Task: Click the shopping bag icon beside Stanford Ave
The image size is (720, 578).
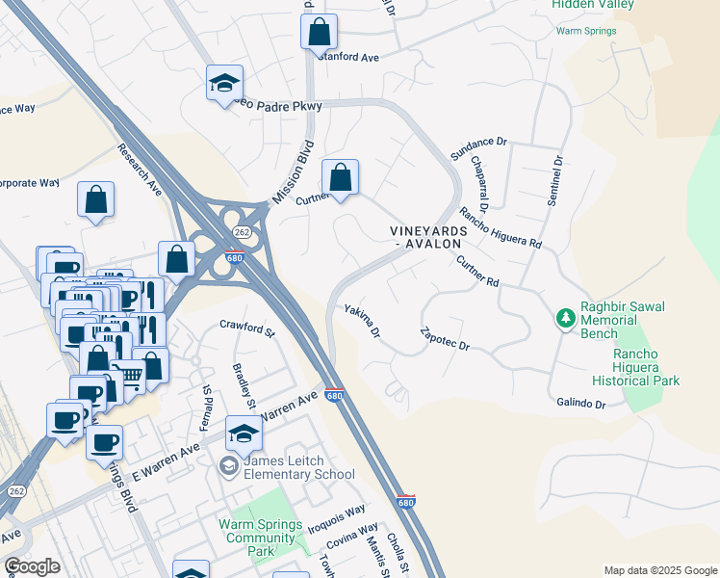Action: (319, 31)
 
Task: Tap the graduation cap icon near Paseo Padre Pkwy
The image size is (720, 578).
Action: (224, 83)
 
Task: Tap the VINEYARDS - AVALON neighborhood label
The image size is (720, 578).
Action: (428, 238)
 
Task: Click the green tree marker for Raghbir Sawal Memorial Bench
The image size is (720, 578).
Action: (566, 317)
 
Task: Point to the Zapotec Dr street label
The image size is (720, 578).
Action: (445, 338)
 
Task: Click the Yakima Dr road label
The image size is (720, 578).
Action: (363, 321)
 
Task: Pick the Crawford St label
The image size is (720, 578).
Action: (247, 328)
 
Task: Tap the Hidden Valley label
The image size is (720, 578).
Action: (593, 5)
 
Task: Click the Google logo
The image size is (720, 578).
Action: (33, 565)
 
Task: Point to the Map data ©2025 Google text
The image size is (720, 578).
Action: (659, 570)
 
